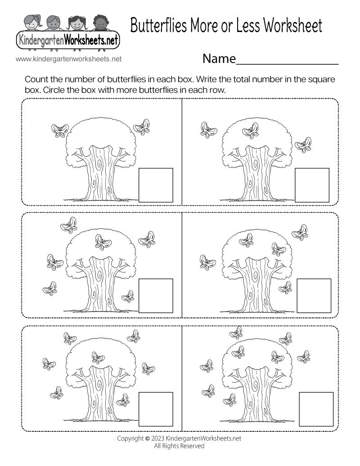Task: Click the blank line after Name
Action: click(x=288, y=60)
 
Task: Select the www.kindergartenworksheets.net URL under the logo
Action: click(x=68, y=59)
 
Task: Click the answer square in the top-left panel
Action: click(x=156, y=185)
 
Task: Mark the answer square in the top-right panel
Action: click(x=312, y=185)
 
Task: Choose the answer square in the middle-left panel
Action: click(x=156, y=295)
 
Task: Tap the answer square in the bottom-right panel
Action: click(x=316, y=409)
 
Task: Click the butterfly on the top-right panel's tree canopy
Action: click(x=251, y=130)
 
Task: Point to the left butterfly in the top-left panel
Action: click(x=60, y=131)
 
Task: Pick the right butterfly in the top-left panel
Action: click(x=142, y=126)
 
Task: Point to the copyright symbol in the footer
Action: click(x=148, y=438)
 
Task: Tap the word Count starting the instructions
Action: click(x=36, y=80)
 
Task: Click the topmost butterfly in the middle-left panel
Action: click(x=70, y=223)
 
